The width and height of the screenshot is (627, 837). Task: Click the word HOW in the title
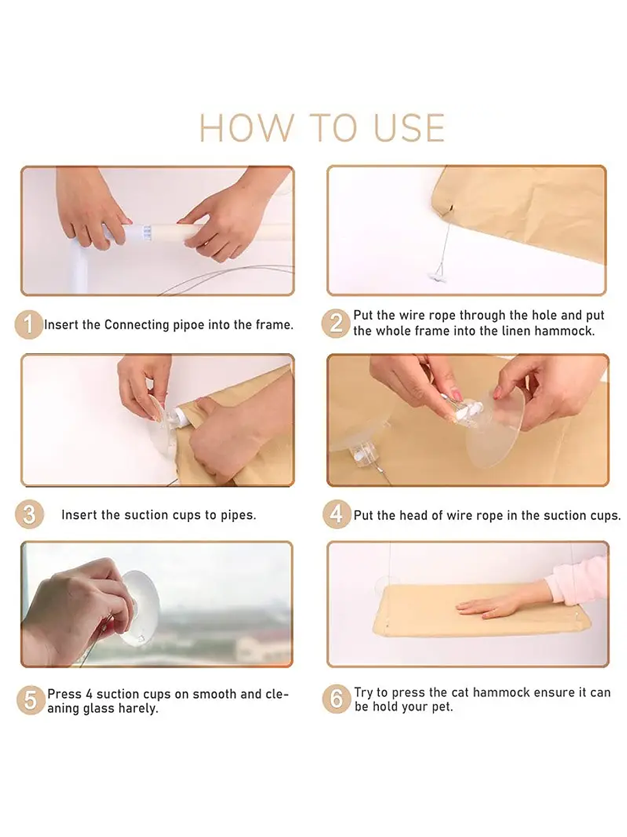point(247,128)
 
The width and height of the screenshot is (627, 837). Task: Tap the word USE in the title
point(409,128)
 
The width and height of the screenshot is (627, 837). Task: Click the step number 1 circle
point(29,325)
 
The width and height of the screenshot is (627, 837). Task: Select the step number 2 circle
point(336,323)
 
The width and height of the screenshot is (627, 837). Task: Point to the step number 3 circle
point(29,514)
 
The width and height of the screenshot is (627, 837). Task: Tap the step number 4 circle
point(336,514)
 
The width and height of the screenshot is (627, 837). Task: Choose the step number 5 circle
point(31,700)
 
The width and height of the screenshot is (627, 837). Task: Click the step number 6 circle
point(336,699)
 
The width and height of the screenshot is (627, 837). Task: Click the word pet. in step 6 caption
point(443,707)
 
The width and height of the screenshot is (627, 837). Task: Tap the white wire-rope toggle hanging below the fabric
point(437,276)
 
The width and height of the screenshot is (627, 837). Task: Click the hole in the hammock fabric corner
point(451,208)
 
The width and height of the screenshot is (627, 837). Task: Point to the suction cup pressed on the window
point(139,609)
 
